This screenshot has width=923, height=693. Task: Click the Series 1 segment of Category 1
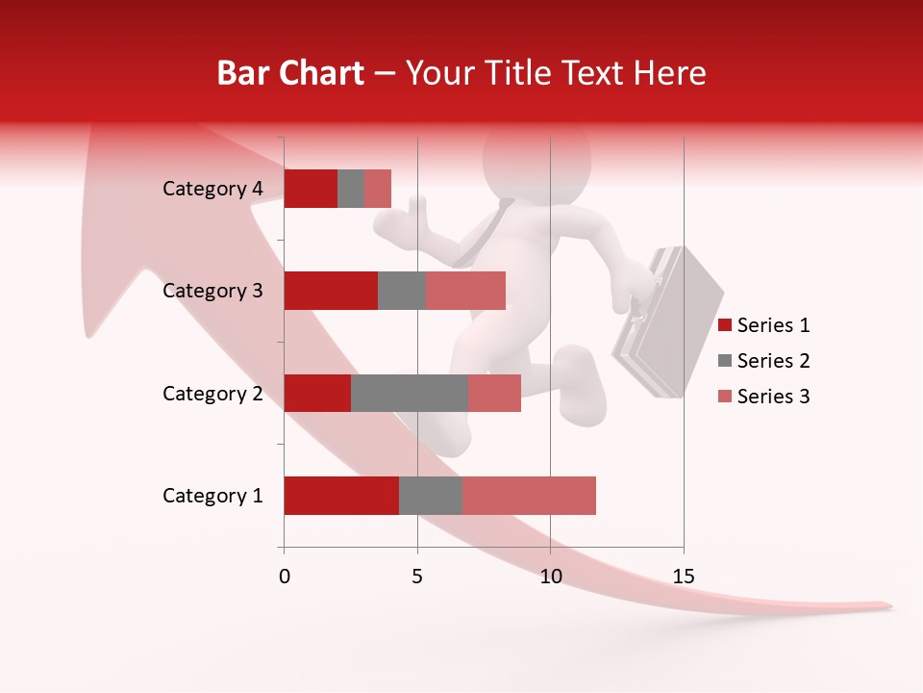pyautogui.click(x=341, y=496)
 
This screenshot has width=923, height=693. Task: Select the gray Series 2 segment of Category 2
pyautogui.click(x=410, y=393)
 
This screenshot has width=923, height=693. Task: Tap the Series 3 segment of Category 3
pyautogui.click(x=465, y=291)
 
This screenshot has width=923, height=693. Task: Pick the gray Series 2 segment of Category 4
pyautogui.click(x=351, y=189)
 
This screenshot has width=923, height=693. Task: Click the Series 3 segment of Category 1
pyautogui.click(x=529, y=496)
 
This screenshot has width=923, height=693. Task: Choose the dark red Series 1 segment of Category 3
pyautogui.click(x=331, y=291)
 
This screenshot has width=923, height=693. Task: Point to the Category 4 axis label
pyautogui.click(x=212, y=189)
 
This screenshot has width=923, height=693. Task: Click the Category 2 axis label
pyautogui.click(x=212, y=393)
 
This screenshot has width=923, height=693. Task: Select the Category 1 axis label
pyautogui.click(x=212, y=496)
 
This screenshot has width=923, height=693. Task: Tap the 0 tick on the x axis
pyautogui.click(x=285, y=577)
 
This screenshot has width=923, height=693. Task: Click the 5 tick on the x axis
pyautogui.click(x=417, y=577)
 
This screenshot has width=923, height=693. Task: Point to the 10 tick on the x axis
pyautogui.click(x=550, y=577)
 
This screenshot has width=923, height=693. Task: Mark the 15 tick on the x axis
pyautogui.click(x=683, y=577)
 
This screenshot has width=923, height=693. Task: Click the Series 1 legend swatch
pyautogui.click(x=725, y=325)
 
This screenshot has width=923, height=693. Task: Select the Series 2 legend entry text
pyautogui.click(x=773, y=361)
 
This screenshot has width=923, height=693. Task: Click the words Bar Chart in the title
pyautogui.click(x=290, y=73)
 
